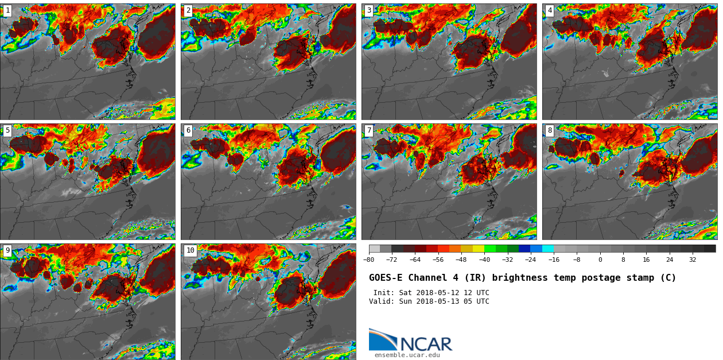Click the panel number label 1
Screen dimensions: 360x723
pos(7,10)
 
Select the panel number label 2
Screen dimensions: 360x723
pos(188,10)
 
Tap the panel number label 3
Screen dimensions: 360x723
pos(369,10)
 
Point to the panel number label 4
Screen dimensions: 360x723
pos(550,10)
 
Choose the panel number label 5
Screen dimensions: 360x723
pos(7,130)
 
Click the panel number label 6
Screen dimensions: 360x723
pos(188,130)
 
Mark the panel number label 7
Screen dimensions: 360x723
pos(369,130)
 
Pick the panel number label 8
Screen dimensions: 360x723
pos(550,130)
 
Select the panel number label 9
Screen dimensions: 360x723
pos(7,250)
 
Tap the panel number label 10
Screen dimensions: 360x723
pos(190,250)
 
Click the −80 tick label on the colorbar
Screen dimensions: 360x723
pos(368,260)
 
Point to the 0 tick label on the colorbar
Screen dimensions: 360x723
pos(600,260)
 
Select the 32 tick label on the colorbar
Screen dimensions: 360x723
pos(693,260)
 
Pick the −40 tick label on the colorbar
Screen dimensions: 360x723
pos(484,260)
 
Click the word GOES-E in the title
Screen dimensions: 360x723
pos(385,278)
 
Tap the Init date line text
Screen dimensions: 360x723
pos(431,293)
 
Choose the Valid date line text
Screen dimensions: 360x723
pos(429,301)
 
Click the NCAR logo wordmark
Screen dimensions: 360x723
pos(426,344)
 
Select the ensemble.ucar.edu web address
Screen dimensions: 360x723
pos(407,355)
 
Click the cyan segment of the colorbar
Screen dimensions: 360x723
pos(548,249)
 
